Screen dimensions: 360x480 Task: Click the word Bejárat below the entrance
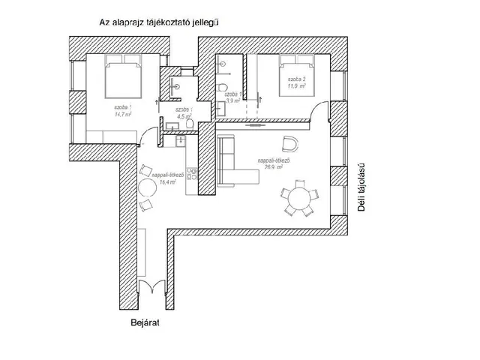tap(145, 324)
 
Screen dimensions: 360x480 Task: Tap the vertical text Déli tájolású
tap(361, 188)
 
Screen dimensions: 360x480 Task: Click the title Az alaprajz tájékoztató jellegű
tap(159, 23)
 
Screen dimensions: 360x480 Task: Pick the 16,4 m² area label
tap(167, 181)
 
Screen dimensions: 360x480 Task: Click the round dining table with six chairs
tap(298, 199)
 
